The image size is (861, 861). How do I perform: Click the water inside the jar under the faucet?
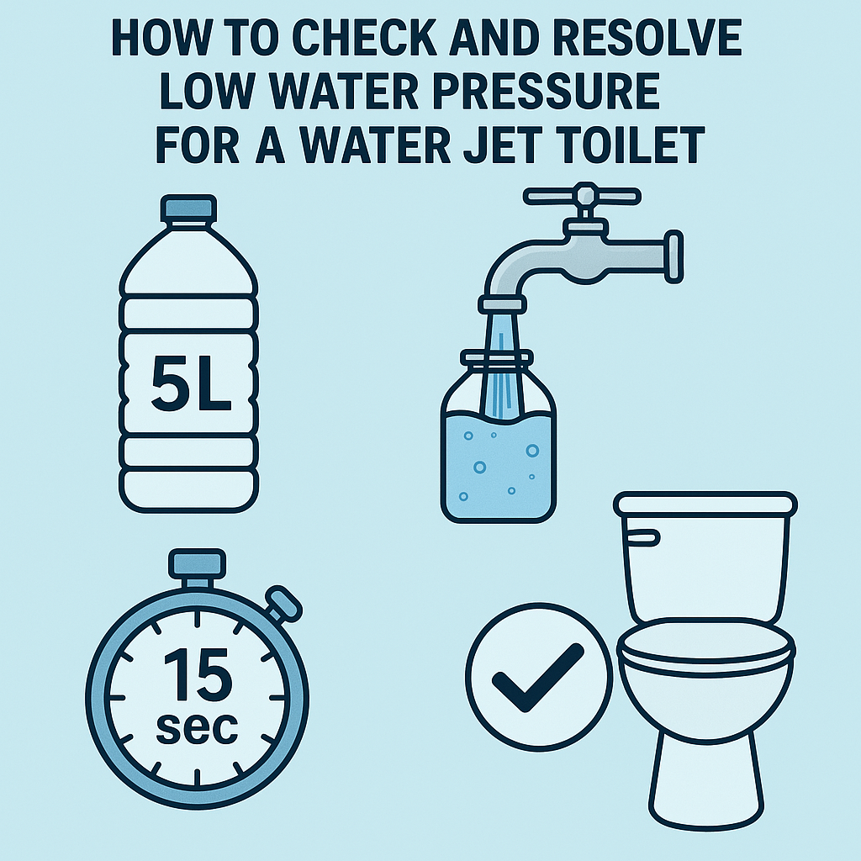tap(498, 471)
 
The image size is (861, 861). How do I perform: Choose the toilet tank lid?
tap(705, 504)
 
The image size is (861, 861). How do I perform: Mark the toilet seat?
tap(706, 643)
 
